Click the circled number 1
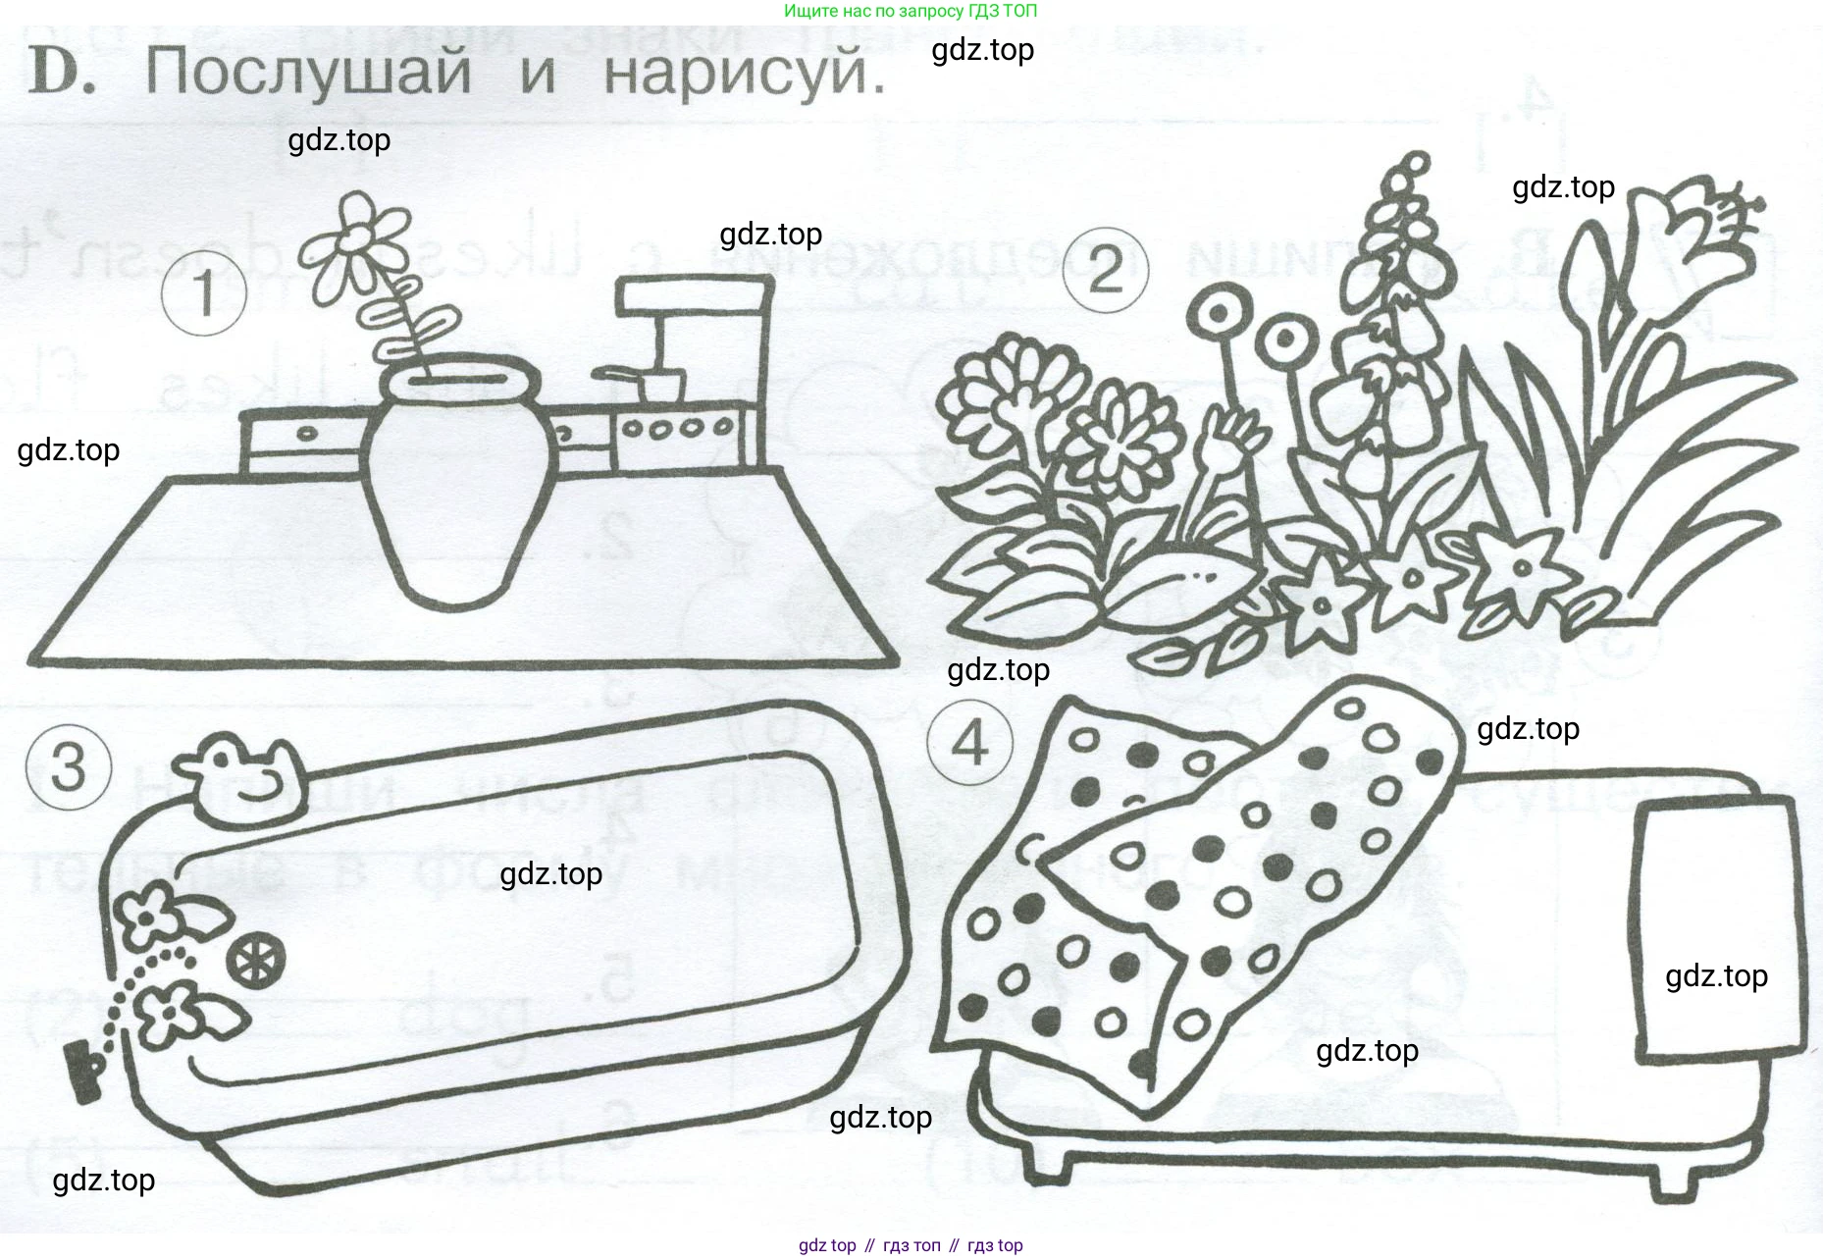click(x=203, y=293)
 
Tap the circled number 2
click(x=1106, y=270)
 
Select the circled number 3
click(x=68, y=766)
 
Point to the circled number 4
click(x=969, y=743)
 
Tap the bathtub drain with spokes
click(x=256, y=959)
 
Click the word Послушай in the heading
click(x=308, y=73)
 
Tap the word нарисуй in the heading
click(x=744, y=73)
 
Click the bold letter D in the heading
click(x=61, y=73)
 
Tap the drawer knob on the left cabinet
click(x=307, y=433)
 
